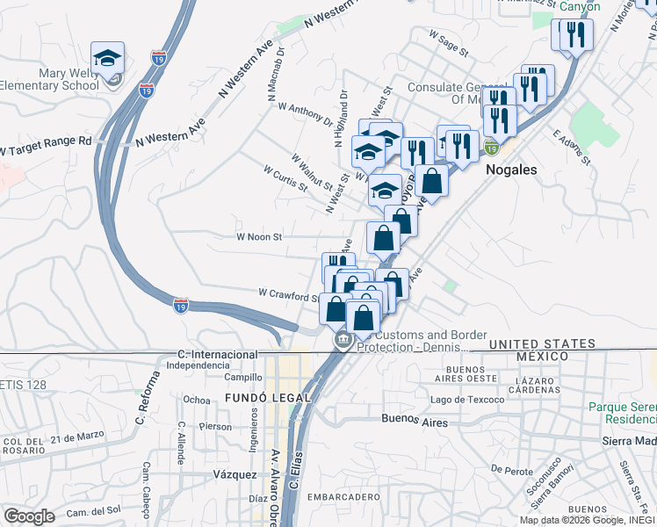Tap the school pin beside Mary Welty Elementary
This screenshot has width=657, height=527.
coord(108,60)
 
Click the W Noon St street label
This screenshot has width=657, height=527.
coord(258,237)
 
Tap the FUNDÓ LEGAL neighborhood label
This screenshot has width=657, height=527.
coord(269,398)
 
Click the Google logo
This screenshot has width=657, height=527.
coord(29,516)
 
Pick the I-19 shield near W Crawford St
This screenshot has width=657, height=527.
coord(180,305)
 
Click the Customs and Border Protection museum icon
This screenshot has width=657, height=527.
coord(340,339)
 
